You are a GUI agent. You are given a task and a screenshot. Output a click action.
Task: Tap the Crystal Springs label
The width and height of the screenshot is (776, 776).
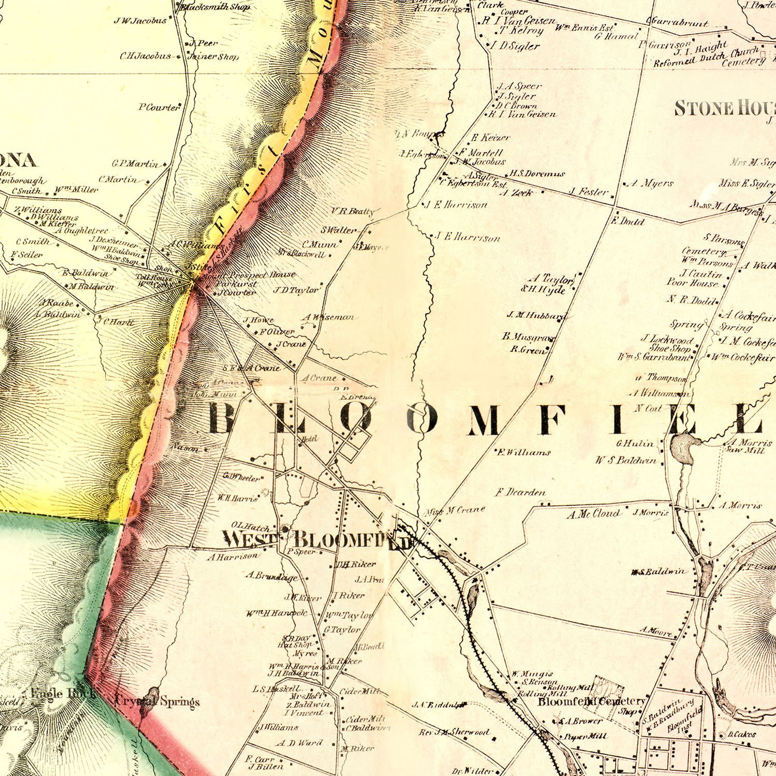158,702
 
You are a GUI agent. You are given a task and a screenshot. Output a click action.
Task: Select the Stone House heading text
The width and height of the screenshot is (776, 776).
724,109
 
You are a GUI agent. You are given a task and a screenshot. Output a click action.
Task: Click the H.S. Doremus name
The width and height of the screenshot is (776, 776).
537,174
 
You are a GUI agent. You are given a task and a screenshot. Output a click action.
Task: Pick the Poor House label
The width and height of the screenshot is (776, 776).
693,283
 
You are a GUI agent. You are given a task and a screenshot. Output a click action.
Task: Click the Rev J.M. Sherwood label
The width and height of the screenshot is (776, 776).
454,732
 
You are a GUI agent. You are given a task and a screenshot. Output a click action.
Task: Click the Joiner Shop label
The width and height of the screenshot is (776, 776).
213,56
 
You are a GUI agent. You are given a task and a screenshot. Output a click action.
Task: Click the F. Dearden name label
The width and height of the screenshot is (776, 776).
521,492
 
